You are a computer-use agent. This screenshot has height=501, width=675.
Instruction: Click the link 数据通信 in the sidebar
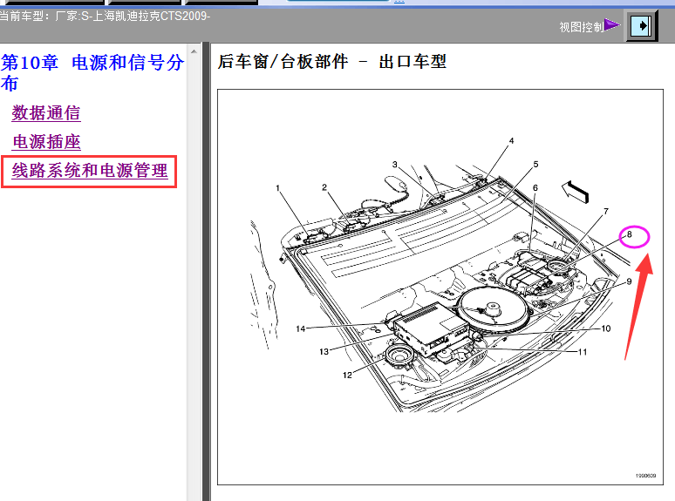(x=46, y=113)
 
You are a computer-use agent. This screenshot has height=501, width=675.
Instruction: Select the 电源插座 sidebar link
(x=46, y=142)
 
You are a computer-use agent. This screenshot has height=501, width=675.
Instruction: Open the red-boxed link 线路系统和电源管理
(x=90, y=171)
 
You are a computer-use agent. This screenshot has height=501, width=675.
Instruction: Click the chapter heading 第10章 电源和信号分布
(x=92, y=72)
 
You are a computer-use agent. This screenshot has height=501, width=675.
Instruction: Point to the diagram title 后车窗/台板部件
(x=283, y=62)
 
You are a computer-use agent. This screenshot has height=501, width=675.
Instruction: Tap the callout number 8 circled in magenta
(x=630, y=234)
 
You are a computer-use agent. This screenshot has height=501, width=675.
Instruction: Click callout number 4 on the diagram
(x=511, y=140)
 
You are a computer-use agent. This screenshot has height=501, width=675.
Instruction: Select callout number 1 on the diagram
(x=277, y=188)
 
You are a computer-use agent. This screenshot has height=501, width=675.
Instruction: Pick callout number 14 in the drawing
(x=301, y=329)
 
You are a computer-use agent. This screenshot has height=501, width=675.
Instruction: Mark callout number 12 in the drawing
(x=347, y=376)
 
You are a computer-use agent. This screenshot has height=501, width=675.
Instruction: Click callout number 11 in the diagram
(x=583, y=352)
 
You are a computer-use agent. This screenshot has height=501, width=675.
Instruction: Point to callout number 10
(x=606, y=328)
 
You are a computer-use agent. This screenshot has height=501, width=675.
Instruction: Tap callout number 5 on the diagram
(x=535, y=165)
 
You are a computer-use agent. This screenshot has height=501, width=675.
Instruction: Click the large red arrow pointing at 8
(x=638, y=306)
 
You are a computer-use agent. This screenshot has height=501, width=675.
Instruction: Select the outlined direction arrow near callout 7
(x=575, y=192)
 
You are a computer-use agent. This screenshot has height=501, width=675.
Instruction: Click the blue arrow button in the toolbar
(x=641, y=26)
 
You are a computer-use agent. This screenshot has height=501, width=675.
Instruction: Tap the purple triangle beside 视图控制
(x=611, y=25)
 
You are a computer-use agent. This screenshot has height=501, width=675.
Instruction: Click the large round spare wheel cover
(x=493, y=308)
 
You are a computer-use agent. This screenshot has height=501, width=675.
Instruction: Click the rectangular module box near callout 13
(x=432, y=328)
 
